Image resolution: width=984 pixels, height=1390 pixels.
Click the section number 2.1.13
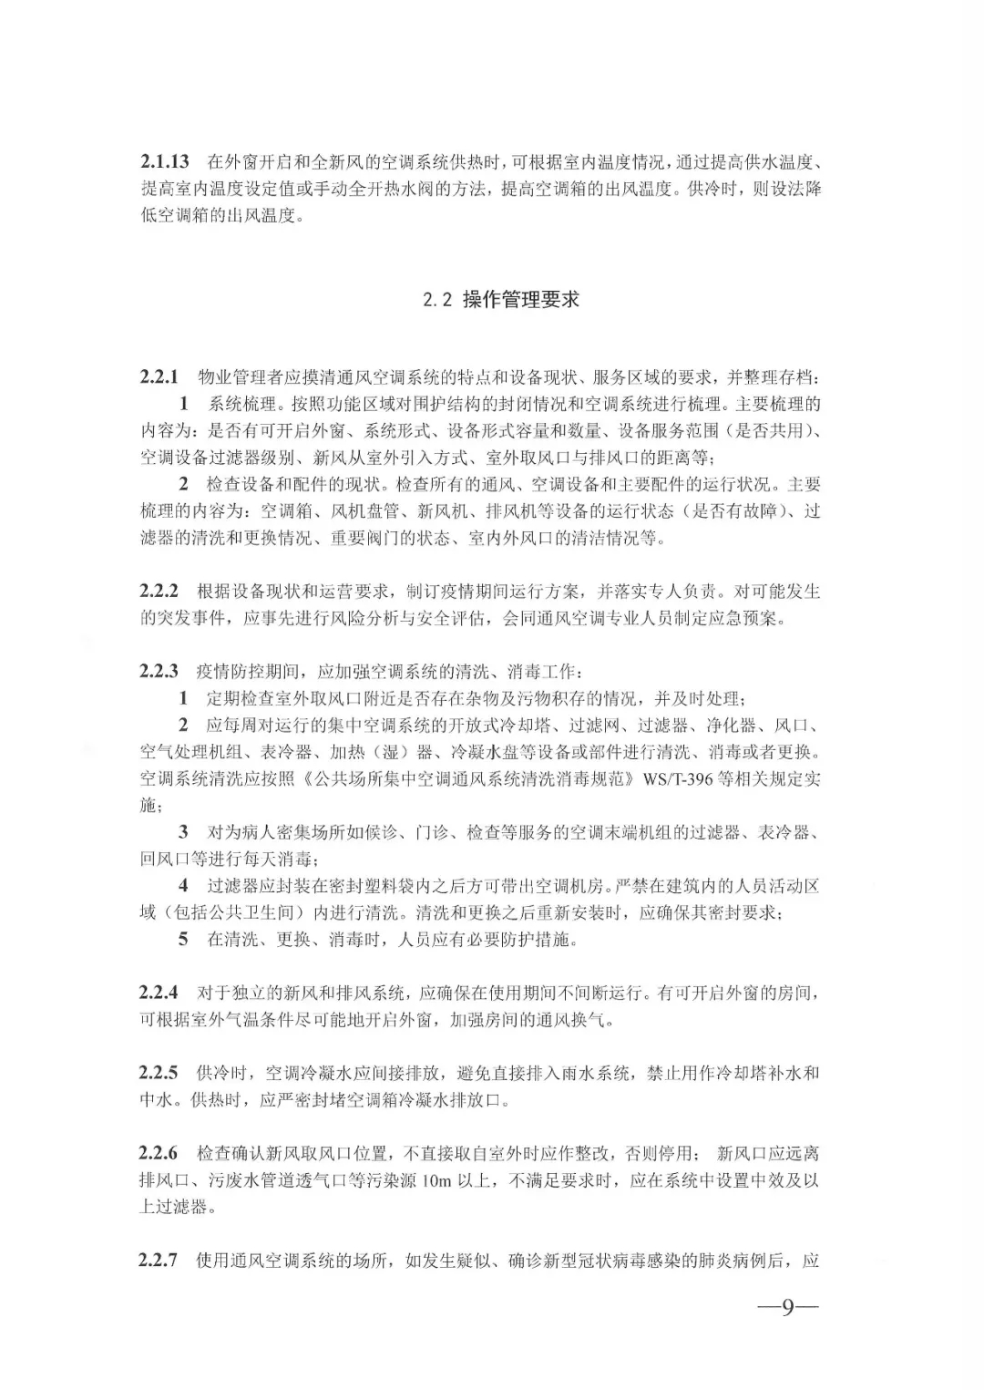pyautogui.click(x=164, y=162)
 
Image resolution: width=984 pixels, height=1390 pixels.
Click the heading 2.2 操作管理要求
pyautogui.click(x=501, y=300)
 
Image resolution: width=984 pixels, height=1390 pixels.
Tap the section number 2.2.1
pyautogui.click(x=159, y=376)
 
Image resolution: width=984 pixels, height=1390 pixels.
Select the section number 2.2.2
pyautogui.click(x=159, y=592)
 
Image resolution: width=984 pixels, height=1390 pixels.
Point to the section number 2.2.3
pyautogui.click(x=159, y=672)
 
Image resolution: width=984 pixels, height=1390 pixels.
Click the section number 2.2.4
pyautogui.click(x=159, y=992)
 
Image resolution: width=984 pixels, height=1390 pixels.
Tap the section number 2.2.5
pyautogui.click(x=159, y=1073)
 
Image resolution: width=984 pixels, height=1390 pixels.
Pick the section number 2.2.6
pyautogui.click(x=159, y=1154)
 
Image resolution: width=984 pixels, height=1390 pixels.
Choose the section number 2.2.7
pyautogui.click(x=159, y=1261)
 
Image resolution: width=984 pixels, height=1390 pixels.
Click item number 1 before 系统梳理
pyautogui.click(x=184, y=404)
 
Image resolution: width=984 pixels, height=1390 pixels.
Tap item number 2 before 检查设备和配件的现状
pyautogui.click(x=184, y=484)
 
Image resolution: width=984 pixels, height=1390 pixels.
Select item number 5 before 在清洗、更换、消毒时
pyautogui.click(x=184, y=939)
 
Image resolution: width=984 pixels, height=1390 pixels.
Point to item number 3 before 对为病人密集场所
pyautogui.click(x=184, y=832)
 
